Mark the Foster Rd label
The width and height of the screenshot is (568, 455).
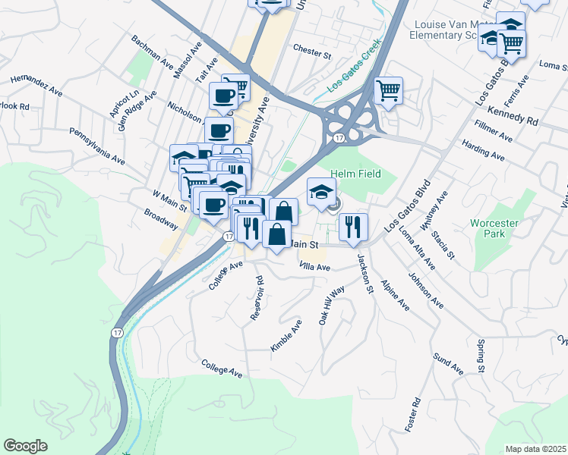[x=413, y=416]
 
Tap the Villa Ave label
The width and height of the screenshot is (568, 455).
[x=314, y=267]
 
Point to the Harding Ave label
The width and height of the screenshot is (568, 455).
[x=483, y=149]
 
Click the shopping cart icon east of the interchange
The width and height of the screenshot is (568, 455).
[x=388, y=91]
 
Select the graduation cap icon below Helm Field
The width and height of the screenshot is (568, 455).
[x=321, y=191]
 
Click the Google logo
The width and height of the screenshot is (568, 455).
[x=25, y=446]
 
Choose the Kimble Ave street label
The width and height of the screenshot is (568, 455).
[x=286, y=334]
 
